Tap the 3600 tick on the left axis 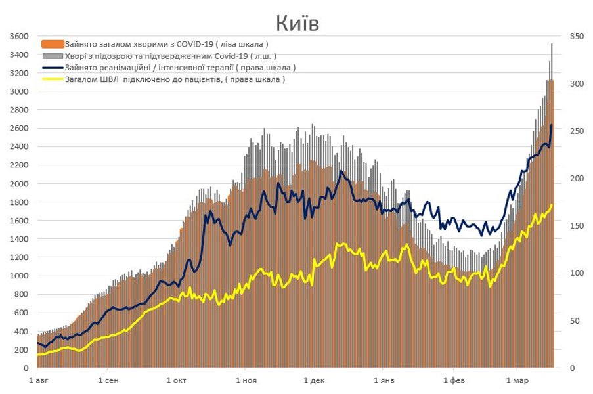pos(18,36)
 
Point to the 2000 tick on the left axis pos(18,184)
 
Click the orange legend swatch pos(53,44)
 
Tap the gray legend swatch pos(53,56)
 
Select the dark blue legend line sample pos(53,68)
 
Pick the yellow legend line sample pos(53,79)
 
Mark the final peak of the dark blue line pos(552,125)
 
